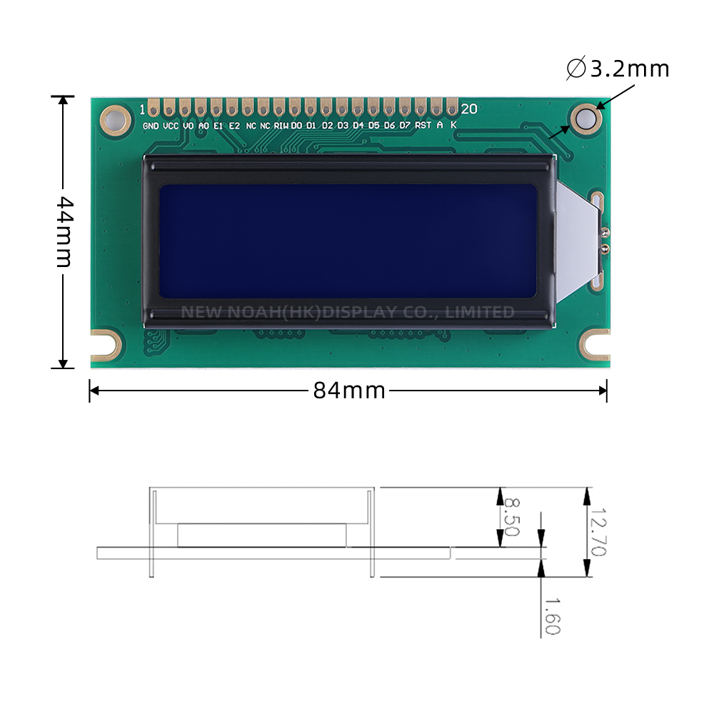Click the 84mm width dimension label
pos(349,391)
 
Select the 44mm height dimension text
pos(64,231)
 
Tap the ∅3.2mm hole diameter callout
pos(618,69)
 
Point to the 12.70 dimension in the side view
pos(598,533)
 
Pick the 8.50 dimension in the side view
pos(511,517)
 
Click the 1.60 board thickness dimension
pos(551,615)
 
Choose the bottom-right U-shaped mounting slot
pos(595,344)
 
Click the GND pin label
pos(151,126)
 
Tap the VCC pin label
pos(171,126)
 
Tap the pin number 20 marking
pos(469,109)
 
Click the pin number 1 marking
pos(142,109)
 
